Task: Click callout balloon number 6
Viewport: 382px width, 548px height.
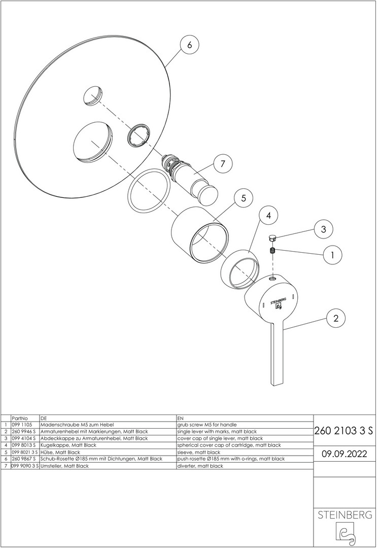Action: click(189, 45)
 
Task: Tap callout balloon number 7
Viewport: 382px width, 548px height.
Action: click(223, 163)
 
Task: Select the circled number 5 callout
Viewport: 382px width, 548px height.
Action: click(244, 198)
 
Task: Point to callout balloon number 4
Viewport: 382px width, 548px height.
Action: click(268, 215)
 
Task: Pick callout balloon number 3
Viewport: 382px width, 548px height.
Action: click(323, 229)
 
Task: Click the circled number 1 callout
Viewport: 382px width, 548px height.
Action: click(332, 255)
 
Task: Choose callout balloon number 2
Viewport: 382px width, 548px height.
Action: click(336, 318)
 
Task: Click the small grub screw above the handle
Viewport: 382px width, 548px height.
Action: click(273, 250)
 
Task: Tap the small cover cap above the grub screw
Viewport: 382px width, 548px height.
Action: click(272, 238)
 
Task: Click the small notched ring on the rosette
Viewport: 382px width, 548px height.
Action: click(140, 135)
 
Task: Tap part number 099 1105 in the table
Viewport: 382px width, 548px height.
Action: click(22, 425)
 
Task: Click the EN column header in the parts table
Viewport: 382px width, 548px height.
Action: click(180, 418)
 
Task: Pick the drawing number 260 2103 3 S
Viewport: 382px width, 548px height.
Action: click(344, 431)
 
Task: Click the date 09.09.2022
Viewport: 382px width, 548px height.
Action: click(344, 454)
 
